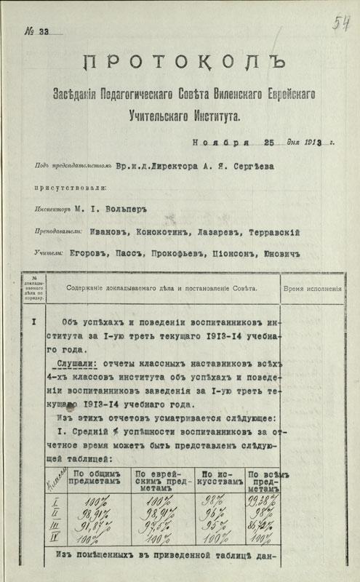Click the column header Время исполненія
315,288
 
